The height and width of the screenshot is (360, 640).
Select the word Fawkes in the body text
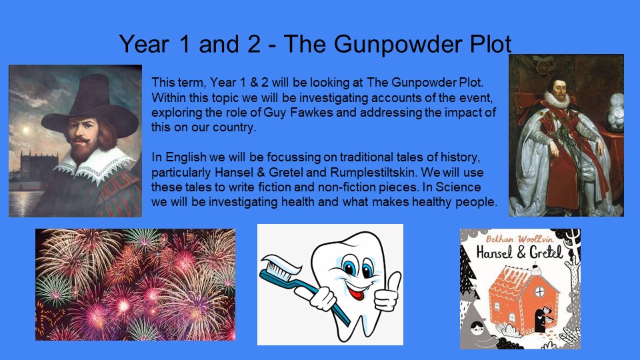click(x=312, y=112)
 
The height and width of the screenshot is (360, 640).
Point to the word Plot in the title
click(x=491, y=44)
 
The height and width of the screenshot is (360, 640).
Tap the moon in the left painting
click(x=25, y=130)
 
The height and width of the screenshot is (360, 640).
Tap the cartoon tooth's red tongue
click(x=358, y=293)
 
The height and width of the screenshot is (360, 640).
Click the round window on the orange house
click(x=539, y=291)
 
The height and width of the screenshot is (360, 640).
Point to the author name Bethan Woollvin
click(x=519, y=239)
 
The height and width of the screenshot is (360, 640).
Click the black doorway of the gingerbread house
click(x=541, y=320)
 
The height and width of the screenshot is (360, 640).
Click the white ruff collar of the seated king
click(x=556, y=99)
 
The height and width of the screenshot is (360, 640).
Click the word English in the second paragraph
click(x=186, y=157)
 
